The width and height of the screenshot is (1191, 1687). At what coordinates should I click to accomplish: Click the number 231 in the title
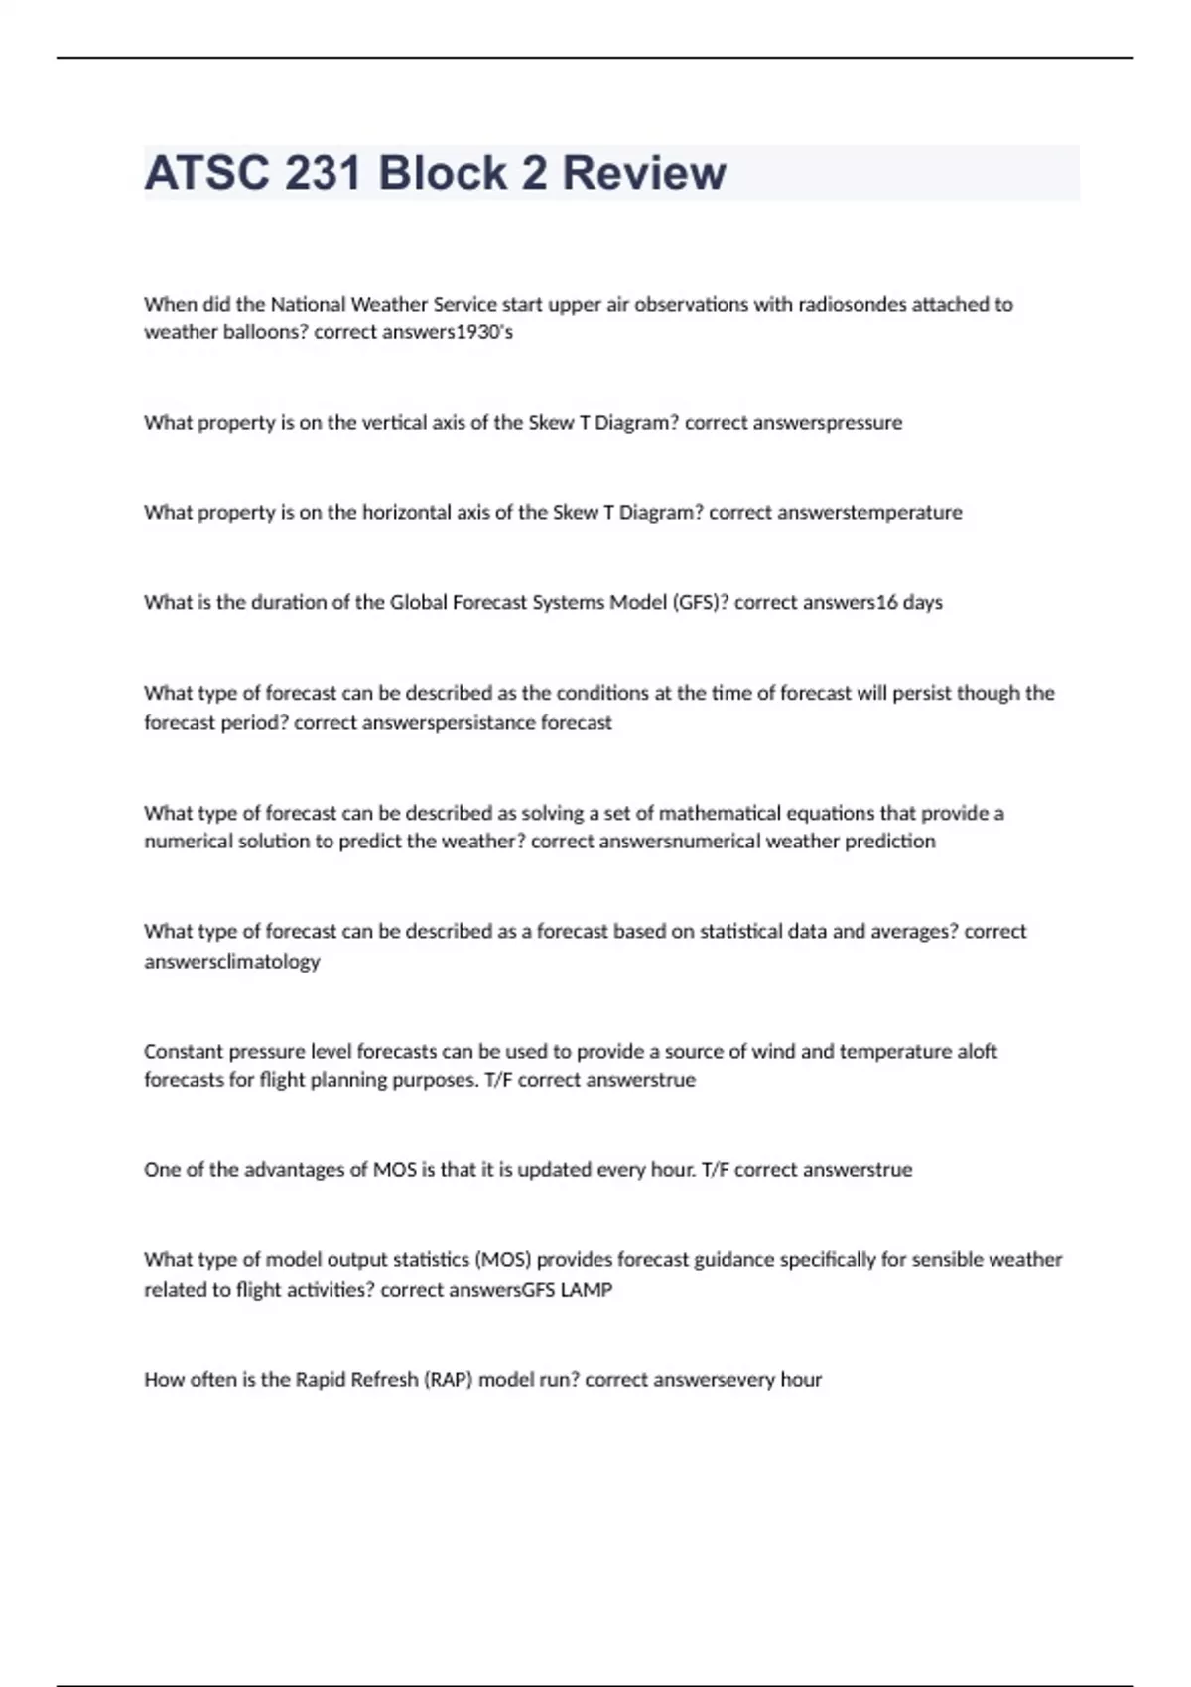pos(322,173)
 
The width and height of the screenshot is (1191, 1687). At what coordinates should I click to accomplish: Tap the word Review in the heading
pos(644,173)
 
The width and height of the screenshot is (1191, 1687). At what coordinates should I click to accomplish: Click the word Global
pos(418,602)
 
